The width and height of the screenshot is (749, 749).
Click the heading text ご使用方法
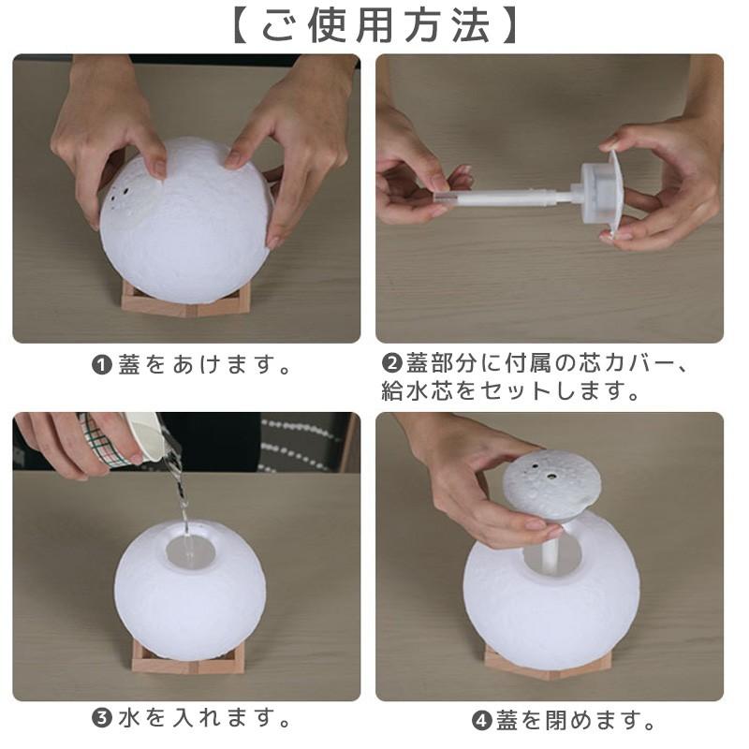(x=375, y=26)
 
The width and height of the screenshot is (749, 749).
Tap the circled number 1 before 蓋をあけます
(x=101, y=365)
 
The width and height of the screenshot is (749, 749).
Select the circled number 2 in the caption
(x=391, y=363)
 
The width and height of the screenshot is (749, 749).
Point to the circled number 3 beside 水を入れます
(x=101, y=718)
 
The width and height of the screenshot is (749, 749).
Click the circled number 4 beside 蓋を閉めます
(x=481, y=721)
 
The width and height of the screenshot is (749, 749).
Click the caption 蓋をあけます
(x=203, y=365)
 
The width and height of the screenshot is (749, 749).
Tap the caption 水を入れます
(x=203, y=718)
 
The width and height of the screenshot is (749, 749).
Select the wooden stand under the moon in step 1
(x=185, y=300)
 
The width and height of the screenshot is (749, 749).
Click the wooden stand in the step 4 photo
(x=548, y=661)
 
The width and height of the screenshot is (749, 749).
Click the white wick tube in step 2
(x=507, y=198)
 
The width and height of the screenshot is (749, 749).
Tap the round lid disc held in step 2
(x=613, y=195)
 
